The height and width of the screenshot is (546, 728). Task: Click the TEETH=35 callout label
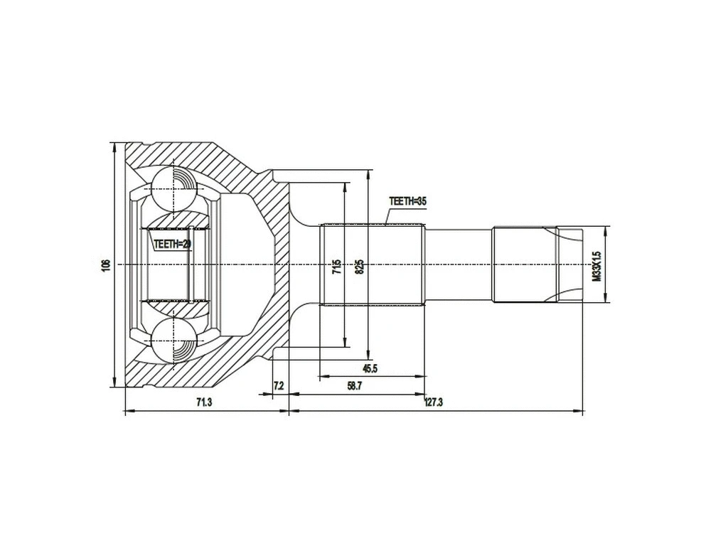(407, 201)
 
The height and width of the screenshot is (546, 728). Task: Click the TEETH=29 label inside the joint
(173, 244)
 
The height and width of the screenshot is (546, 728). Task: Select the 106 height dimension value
(105, 264)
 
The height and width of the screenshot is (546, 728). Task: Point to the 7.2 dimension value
(279, 385)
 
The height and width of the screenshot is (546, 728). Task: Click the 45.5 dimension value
(370, 368)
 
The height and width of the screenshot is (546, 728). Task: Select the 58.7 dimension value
(355, 385)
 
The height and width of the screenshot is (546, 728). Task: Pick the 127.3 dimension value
(433, 402)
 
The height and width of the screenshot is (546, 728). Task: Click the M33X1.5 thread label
(598, 264)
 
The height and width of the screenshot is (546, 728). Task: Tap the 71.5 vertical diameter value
(337, 266)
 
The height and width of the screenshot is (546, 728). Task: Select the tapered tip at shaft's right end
(569, 264)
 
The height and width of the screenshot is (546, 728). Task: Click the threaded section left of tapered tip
(523, 264)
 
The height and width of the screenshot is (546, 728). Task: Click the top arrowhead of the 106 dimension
(114, 145)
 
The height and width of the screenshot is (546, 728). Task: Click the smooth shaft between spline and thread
(459, 264)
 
